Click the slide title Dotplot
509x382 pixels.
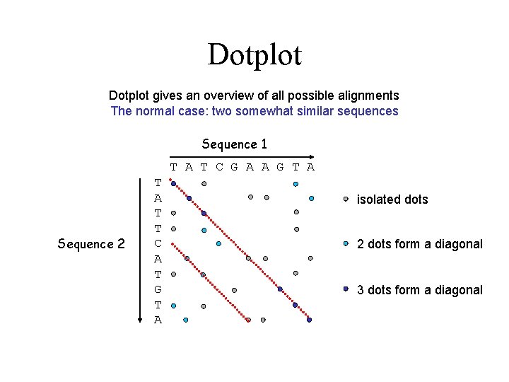pyautogui.click(x=255, y=55)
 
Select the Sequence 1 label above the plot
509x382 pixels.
pyautogui.click(x=234, y=144)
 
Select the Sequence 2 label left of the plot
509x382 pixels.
pyautogui.click(x=91, y=244)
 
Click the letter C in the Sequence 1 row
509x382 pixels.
pyautogui.click(x=218, y=168)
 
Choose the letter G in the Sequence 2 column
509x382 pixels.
pyautogui.click(x=158, y=289)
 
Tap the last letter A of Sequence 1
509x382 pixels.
pyautogui.click(x=310, y=168)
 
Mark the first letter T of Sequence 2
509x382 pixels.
pyautogui.click(x=158, y=183)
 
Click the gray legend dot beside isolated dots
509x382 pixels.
pyautogui.click(x=346, y=199)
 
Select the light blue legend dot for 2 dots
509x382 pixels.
pyautogui.click(x=346, y=244)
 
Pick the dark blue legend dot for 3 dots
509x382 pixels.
pyautogui.click(x=346, y=289)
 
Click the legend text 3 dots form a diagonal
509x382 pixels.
pyautogui.click(x=420, y=289)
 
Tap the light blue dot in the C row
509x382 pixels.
pyautogui.click(x=218, y=243)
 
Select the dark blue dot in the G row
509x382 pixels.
pyautogui.click(x=280, y=289)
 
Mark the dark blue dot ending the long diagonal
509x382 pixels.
pyautogui.click(x=310, y=320)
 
